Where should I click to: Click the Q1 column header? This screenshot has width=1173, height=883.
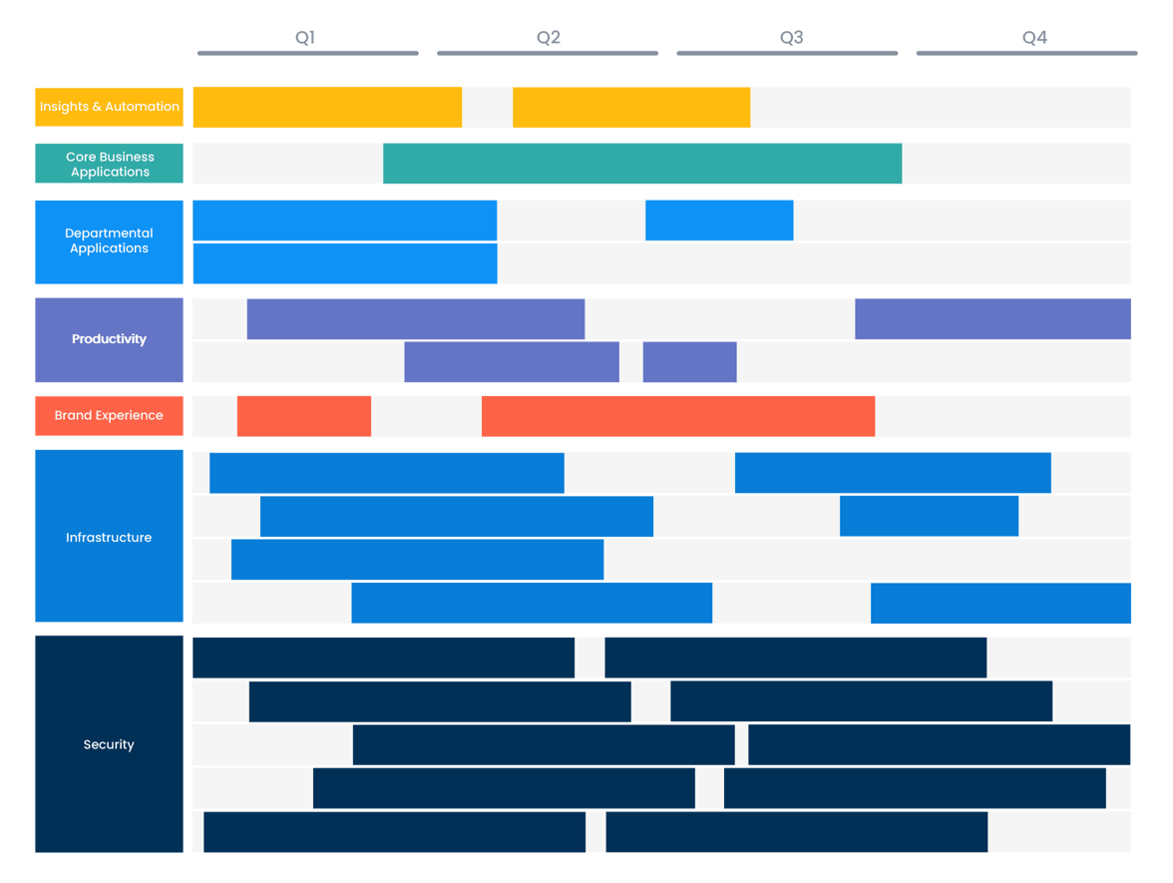coord(306,38)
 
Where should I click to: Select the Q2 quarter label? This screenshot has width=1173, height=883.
coord(549,38)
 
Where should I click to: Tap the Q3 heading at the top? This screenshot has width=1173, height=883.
coord(791,38)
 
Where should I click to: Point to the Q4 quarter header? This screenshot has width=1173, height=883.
coord(1034,38)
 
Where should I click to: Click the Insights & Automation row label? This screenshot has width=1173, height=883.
coord(110,107)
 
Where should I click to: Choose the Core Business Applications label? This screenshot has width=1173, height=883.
coord(110,164)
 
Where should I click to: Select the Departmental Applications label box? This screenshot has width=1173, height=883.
coord(110,241)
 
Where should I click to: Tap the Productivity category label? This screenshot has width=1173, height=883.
coord(110,339)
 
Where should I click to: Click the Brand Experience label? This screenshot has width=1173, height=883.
coord(110,415)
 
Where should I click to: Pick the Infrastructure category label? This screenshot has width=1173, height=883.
coord(110,537)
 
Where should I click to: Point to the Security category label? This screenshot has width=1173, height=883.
coord(110,744)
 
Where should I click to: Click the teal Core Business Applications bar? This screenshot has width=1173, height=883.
coord(642,164)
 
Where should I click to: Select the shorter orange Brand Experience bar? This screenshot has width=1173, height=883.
coord(304,416)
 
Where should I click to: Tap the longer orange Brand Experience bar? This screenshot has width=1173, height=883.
coord(678,416)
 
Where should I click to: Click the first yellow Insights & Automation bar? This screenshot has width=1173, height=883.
coord(327,107)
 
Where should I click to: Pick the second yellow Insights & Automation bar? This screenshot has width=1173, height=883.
coord(631,107)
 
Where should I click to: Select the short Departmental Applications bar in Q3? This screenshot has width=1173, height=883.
coord(719,221)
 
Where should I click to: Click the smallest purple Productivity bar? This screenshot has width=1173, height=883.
coord(689,362)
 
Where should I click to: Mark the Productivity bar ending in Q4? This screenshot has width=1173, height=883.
coord(992,319)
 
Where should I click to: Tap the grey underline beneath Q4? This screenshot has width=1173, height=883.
coord(1026,53)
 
